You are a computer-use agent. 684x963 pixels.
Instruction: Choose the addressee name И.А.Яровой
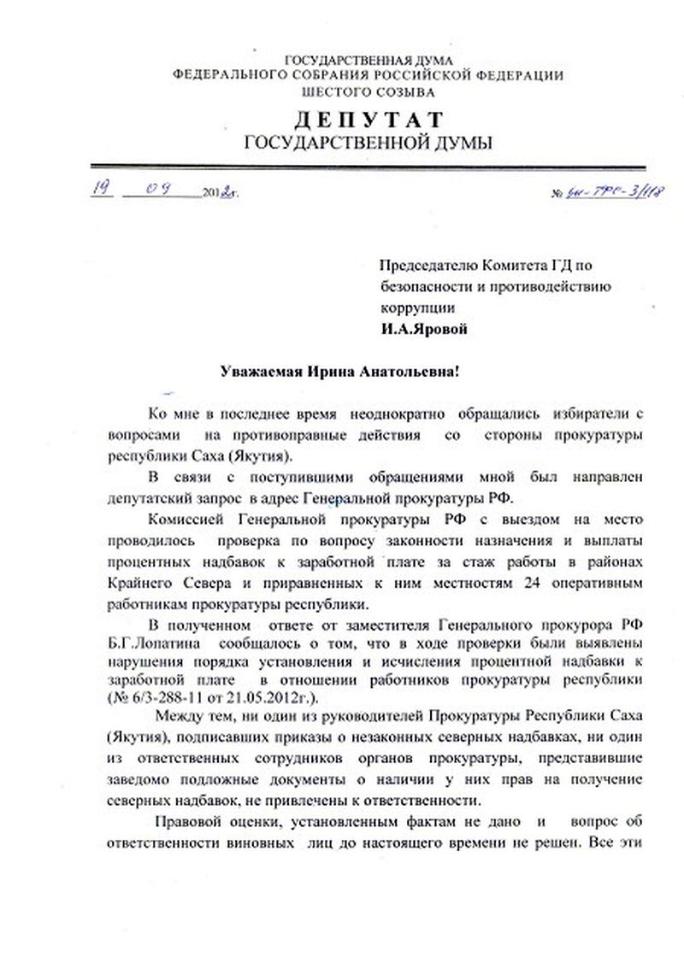point(423,326)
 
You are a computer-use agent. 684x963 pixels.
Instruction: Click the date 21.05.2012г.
point(248,698)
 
